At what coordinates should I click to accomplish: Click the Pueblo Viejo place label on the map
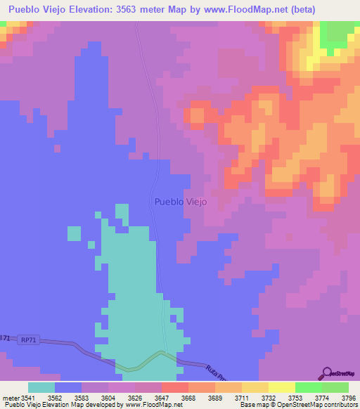pyautogui.click(x=180, y=201)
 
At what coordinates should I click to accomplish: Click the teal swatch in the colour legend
pyautogui.click(x=41, y=387)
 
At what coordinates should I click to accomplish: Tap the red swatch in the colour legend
pyautogui.click(x=175, y=387)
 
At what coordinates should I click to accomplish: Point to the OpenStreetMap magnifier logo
pyautogui.click(x=327, y=373)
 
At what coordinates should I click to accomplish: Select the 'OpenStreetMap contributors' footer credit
pyautogui.click(x=314, y=405)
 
